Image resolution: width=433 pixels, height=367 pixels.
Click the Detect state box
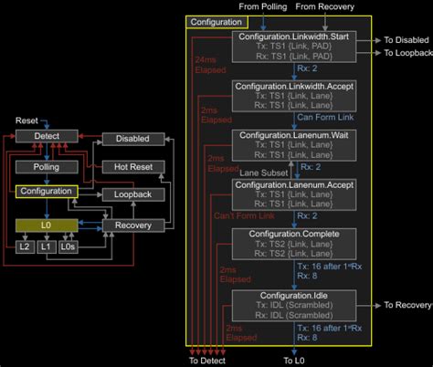(47, 137)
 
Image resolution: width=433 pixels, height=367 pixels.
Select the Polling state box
(47, 167)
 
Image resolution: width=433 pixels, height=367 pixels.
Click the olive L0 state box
(46, 225)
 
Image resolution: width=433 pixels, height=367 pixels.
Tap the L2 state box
(25, 246)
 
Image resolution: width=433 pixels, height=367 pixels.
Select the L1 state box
(46, 246)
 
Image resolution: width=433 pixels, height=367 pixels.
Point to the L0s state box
(68, 246)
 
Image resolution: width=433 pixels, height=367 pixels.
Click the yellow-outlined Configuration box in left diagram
(47, 192)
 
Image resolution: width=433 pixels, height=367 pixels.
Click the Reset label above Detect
(26, 121)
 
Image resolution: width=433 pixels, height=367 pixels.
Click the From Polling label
(262, 6)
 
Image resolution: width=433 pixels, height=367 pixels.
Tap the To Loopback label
(407, 53)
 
